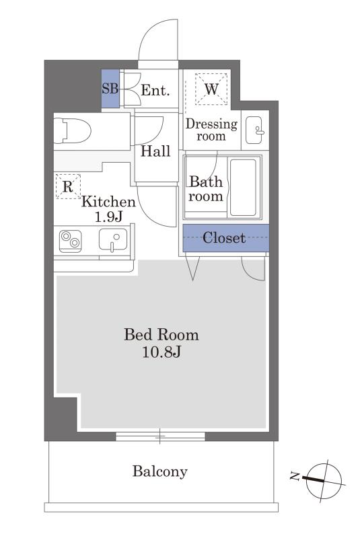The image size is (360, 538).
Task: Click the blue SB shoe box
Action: click(110, 89)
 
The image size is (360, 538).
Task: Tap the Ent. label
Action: click(155, 90)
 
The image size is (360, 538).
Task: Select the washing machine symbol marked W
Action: click(211, 89)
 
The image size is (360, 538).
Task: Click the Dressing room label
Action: click(211, 130)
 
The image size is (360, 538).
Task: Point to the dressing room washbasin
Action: click(254, 130)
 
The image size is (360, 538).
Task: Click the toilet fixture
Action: click(73, 130)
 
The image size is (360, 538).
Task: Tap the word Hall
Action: click(155, 151)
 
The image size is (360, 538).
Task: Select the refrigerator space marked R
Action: click(68, 186)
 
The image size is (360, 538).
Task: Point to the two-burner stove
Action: click(71, 241)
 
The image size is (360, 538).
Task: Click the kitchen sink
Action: click(113, 239)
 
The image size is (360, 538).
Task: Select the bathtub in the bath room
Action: click(243, 187)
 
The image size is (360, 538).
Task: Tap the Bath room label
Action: click(206, 189)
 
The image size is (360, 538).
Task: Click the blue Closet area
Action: click(225, 238)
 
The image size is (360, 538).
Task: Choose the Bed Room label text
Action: click(161, 334)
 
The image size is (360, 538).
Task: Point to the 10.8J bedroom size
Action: click(161, 352)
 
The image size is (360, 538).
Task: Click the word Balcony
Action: click(160, 471)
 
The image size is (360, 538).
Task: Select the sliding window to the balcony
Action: click(160, 436)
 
